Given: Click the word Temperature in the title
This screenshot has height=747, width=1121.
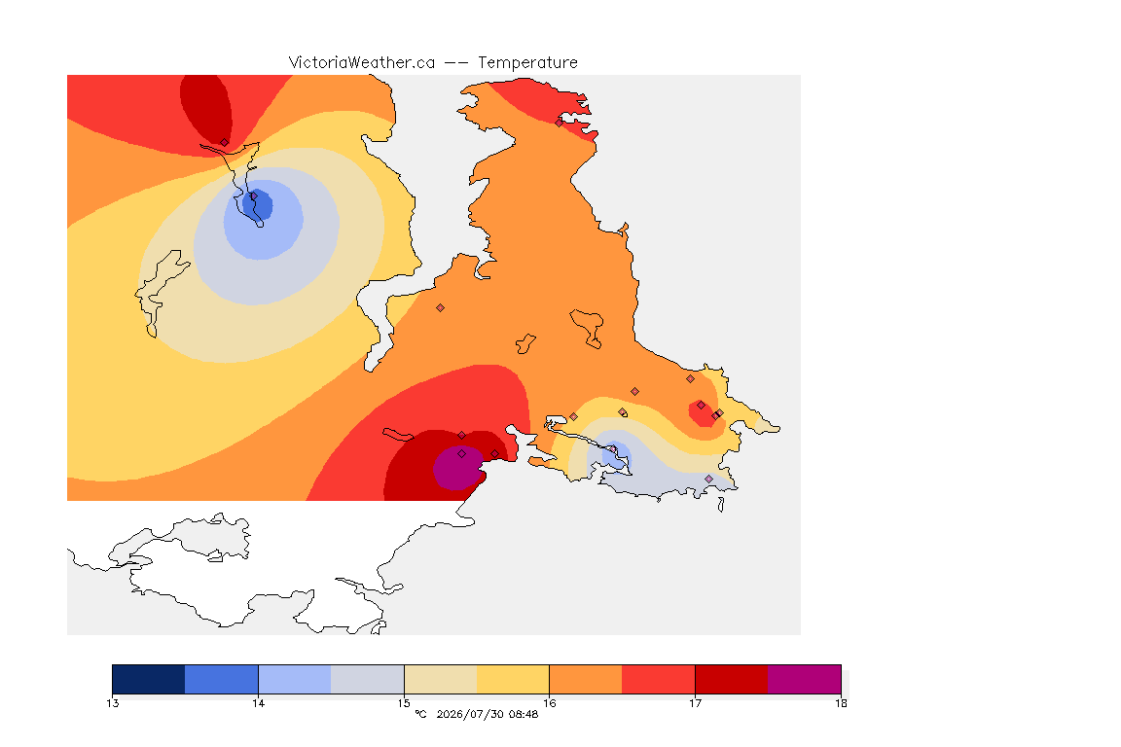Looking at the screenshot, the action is (527, 63).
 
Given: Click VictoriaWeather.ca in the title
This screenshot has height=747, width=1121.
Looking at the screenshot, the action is (362, 63).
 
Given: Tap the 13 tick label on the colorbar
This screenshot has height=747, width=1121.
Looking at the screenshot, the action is (112, 703).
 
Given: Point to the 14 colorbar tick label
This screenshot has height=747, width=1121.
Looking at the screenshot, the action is (258, 703).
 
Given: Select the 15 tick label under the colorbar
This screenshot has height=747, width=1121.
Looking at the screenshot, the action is (404, 703).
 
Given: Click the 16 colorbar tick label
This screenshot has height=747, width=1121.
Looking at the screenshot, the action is (549, 703).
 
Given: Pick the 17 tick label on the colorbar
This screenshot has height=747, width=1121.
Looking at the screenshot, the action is (695, 703).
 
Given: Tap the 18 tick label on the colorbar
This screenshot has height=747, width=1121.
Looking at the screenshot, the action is (841, 703).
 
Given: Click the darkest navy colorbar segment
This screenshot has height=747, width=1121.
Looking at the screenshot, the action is (149, 679).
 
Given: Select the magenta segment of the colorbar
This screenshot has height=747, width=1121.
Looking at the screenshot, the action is (805, 679).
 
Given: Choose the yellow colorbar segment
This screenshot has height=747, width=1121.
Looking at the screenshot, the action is (513, 679).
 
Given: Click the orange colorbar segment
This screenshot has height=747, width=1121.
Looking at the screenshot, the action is (586, 679).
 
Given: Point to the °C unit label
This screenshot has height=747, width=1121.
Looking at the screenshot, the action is (420, 714).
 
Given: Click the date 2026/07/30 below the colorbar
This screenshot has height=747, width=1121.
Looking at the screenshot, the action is (469, 714).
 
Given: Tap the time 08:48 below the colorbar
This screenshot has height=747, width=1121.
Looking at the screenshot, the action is (524, 714).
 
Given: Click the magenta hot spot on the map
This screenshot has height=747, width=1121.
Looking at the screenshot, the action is (458, 468).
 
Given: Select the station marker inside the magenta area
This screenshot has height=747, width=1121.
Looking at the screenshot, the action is (462, 454).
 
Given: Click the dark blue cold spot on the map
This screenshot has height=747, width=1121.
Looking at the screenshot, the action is (257, 204).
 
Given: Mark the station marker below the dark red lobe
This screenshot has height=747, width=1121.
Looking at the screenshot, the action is (225, 143).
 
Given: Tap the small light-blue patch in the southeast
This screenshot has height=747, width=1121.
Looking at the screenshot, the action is (616, 455).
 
